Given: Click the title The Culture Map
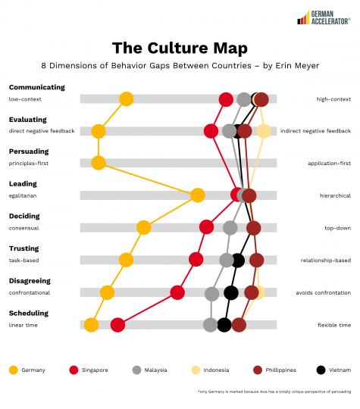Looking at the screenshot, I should pos(180,48).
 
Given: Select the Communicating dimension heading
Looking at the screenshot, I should pos(37,87).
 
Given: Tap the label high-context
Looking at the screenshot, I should pos(333,99).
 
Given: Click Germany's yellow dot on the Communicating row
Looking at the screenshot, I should pos(127,98).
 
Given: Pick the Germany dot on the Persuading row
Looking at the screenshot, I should pos(98,163).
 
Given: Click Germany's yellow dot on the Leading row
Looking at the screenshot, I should pos(198,195).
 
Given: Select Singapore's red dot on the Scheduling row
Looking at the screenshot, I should pos(117,325).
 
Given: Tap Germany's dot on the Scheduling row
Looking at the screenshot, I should pos(92,325).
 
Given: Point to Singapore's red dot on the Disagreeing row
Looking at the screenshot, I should pos(177,292).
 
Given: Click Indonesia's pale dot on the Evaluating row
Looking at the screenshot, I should pos(263,131).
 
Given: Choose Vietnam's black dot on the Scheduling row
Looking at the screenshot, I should pos(224,325).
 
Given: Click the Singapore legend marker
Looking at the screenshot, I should pos(74,370).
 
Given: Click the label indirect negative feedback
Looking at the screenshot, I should pos(315,131).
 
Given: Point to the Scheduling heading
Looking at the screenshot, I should pos(29,313).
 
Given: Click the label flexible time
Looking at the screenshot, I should pos(334,325).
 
